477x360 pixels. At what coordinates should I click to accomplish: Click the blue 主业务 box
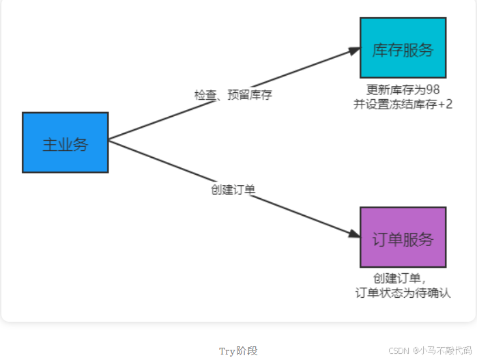[x=66, y=142]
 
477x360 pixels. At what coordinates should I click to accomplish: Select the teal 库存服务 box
[x=403, y=48]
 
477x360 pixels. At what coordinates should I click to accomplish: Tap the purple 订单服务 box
[x=403, y=237]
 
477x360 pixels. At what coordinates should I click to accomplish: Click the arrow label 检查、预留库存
[x=233, y=95]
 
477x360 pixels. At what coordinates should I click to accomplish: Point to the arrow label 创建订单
[x=233, y=189]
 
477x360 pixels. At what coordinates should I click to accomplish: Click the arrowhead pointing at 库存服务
[x=353, y=51]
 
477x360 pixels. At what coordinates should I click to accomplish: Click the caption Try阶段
[x=238, y=350]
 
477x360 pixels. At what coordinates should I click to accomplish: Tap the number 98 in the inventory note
[x=433, y=89]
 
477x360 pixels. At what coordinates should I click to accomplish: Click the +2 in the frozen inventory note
[x=444, y=105]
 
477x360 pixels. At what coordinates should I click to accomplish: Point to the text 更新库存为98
[x=403, y=89]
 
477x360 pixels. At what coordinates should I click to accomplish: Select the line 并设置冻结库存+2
[x=403, y=105]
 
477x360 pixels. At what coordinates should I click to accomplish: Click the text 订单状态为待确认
[x=403, y=292]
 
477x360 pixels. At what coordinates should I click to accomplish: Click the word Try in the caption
[x=227, y=350]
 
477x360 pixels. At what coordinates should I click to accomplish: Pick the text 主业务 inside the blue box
[x=66, y=144]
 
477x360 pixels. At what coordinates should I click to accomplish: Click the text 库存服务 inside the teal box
[x=403, y=50]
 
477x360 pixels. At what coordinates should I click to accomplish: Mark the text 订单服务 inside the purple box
[x=403, y=239]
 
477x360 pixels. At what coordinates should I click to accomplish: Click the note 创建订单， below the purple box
[x=400, y=278]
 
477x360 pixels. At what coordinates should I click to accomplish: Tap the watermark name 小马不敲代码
[x=446, y=350]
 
